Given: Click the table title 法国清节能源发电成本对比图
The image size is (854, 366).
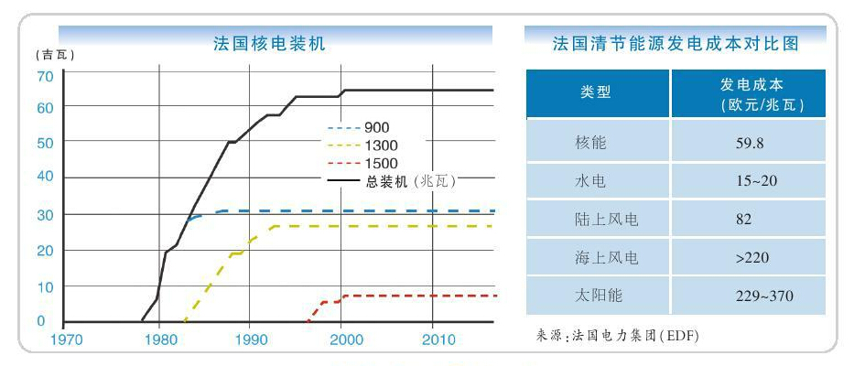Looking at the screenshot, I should tap(676, 43).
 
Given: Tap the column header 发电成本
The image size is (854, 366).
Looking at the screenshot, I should tap(749, 93).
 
